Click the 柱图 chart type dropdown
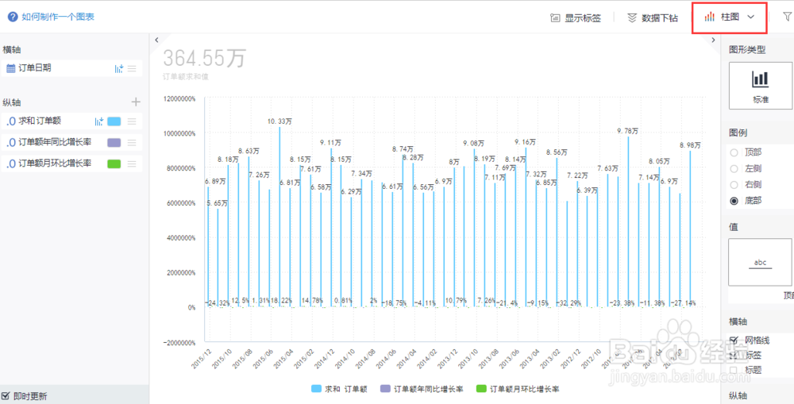(x=729, y=17)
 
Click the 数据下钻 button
(x=652, y=17)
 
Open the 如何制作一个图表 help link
(x=56, y=16)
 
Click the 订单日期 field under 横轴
(x=36, y=68)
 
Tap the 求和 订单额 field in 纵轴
(x=40, y=121)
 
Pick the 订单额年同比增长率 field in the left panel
(x=55, y=142)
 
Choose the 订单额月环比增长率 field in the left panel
(x=55, y=164)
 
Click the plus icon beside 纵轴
(x=136, y=102)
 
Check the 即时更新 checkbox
(x=6, y=395)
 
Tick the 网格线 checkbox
(x=734, y=340)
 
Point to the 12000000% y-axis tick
(x=179, y=99)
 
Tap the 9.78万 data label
(x=628, y=131)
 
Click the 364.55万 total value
(x=204, y=58)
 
